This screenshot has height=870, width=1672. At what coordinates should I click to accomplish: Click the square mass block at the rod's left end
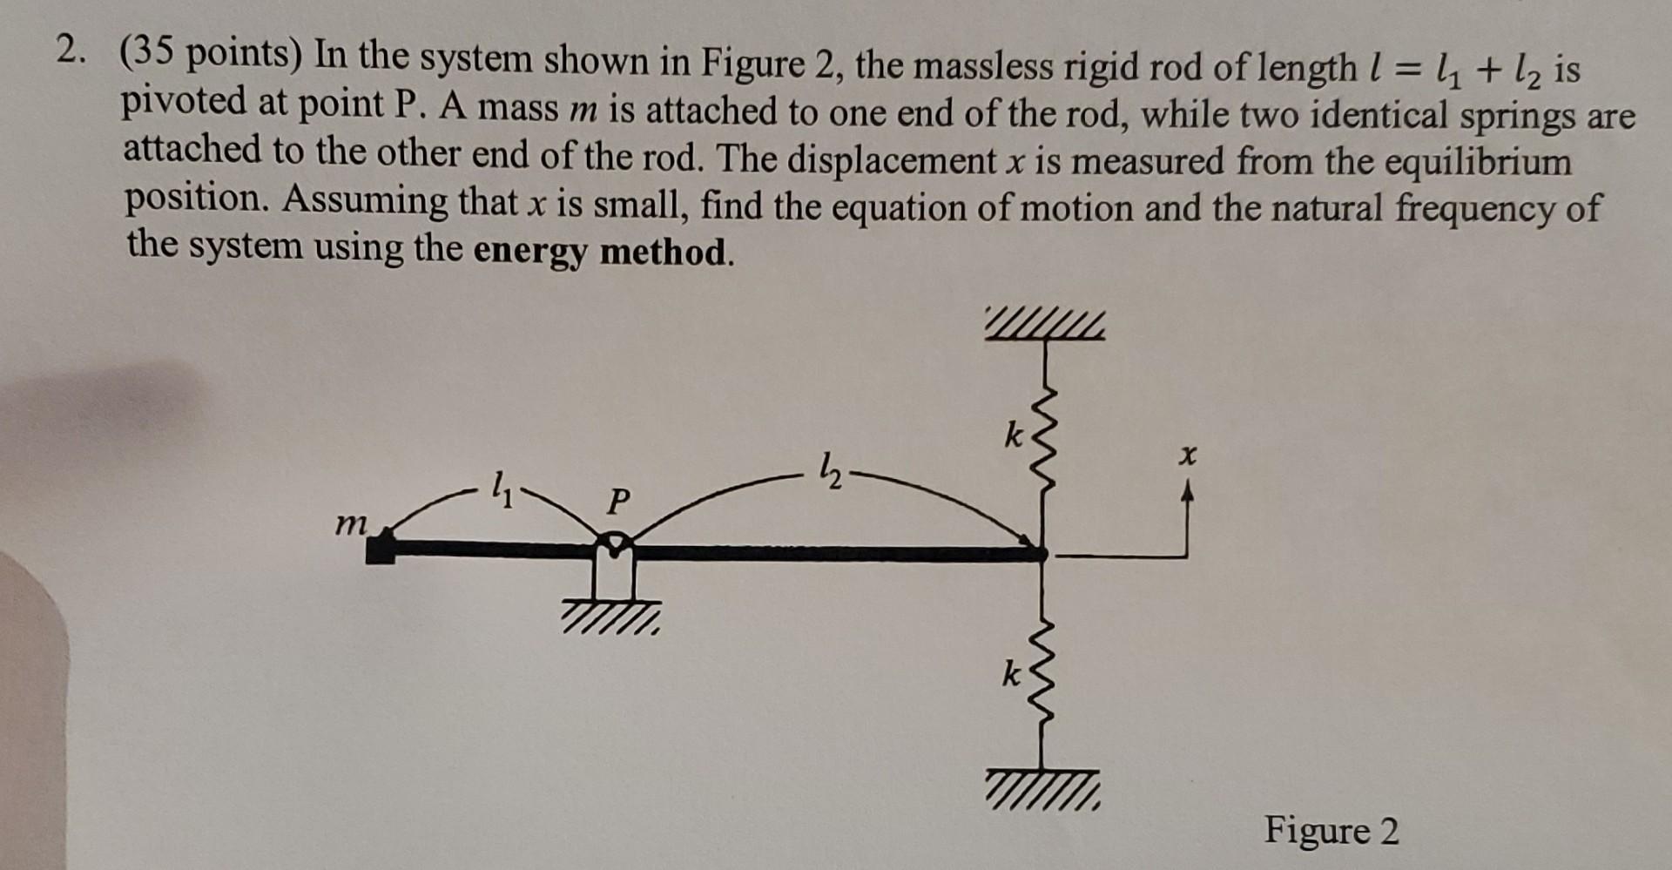(380, 550)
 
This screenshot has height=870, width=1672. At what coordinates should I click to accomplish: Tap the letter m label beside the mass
(351, 523)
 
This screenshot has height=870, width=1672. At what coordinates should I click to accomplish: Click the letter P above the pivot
(617, 501)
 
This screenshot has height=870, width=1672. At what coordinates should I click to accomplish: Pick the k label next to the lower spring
(1010, 673)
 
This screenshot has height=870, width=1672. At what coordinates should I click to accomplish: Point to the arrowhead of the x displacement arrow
(1186, 493)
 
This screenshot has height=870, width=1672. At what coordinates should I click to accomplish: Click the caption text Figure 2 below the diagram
(1332, 830)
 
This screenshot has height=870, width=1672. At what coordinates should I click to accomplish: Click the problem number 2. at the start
(72, 54)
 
